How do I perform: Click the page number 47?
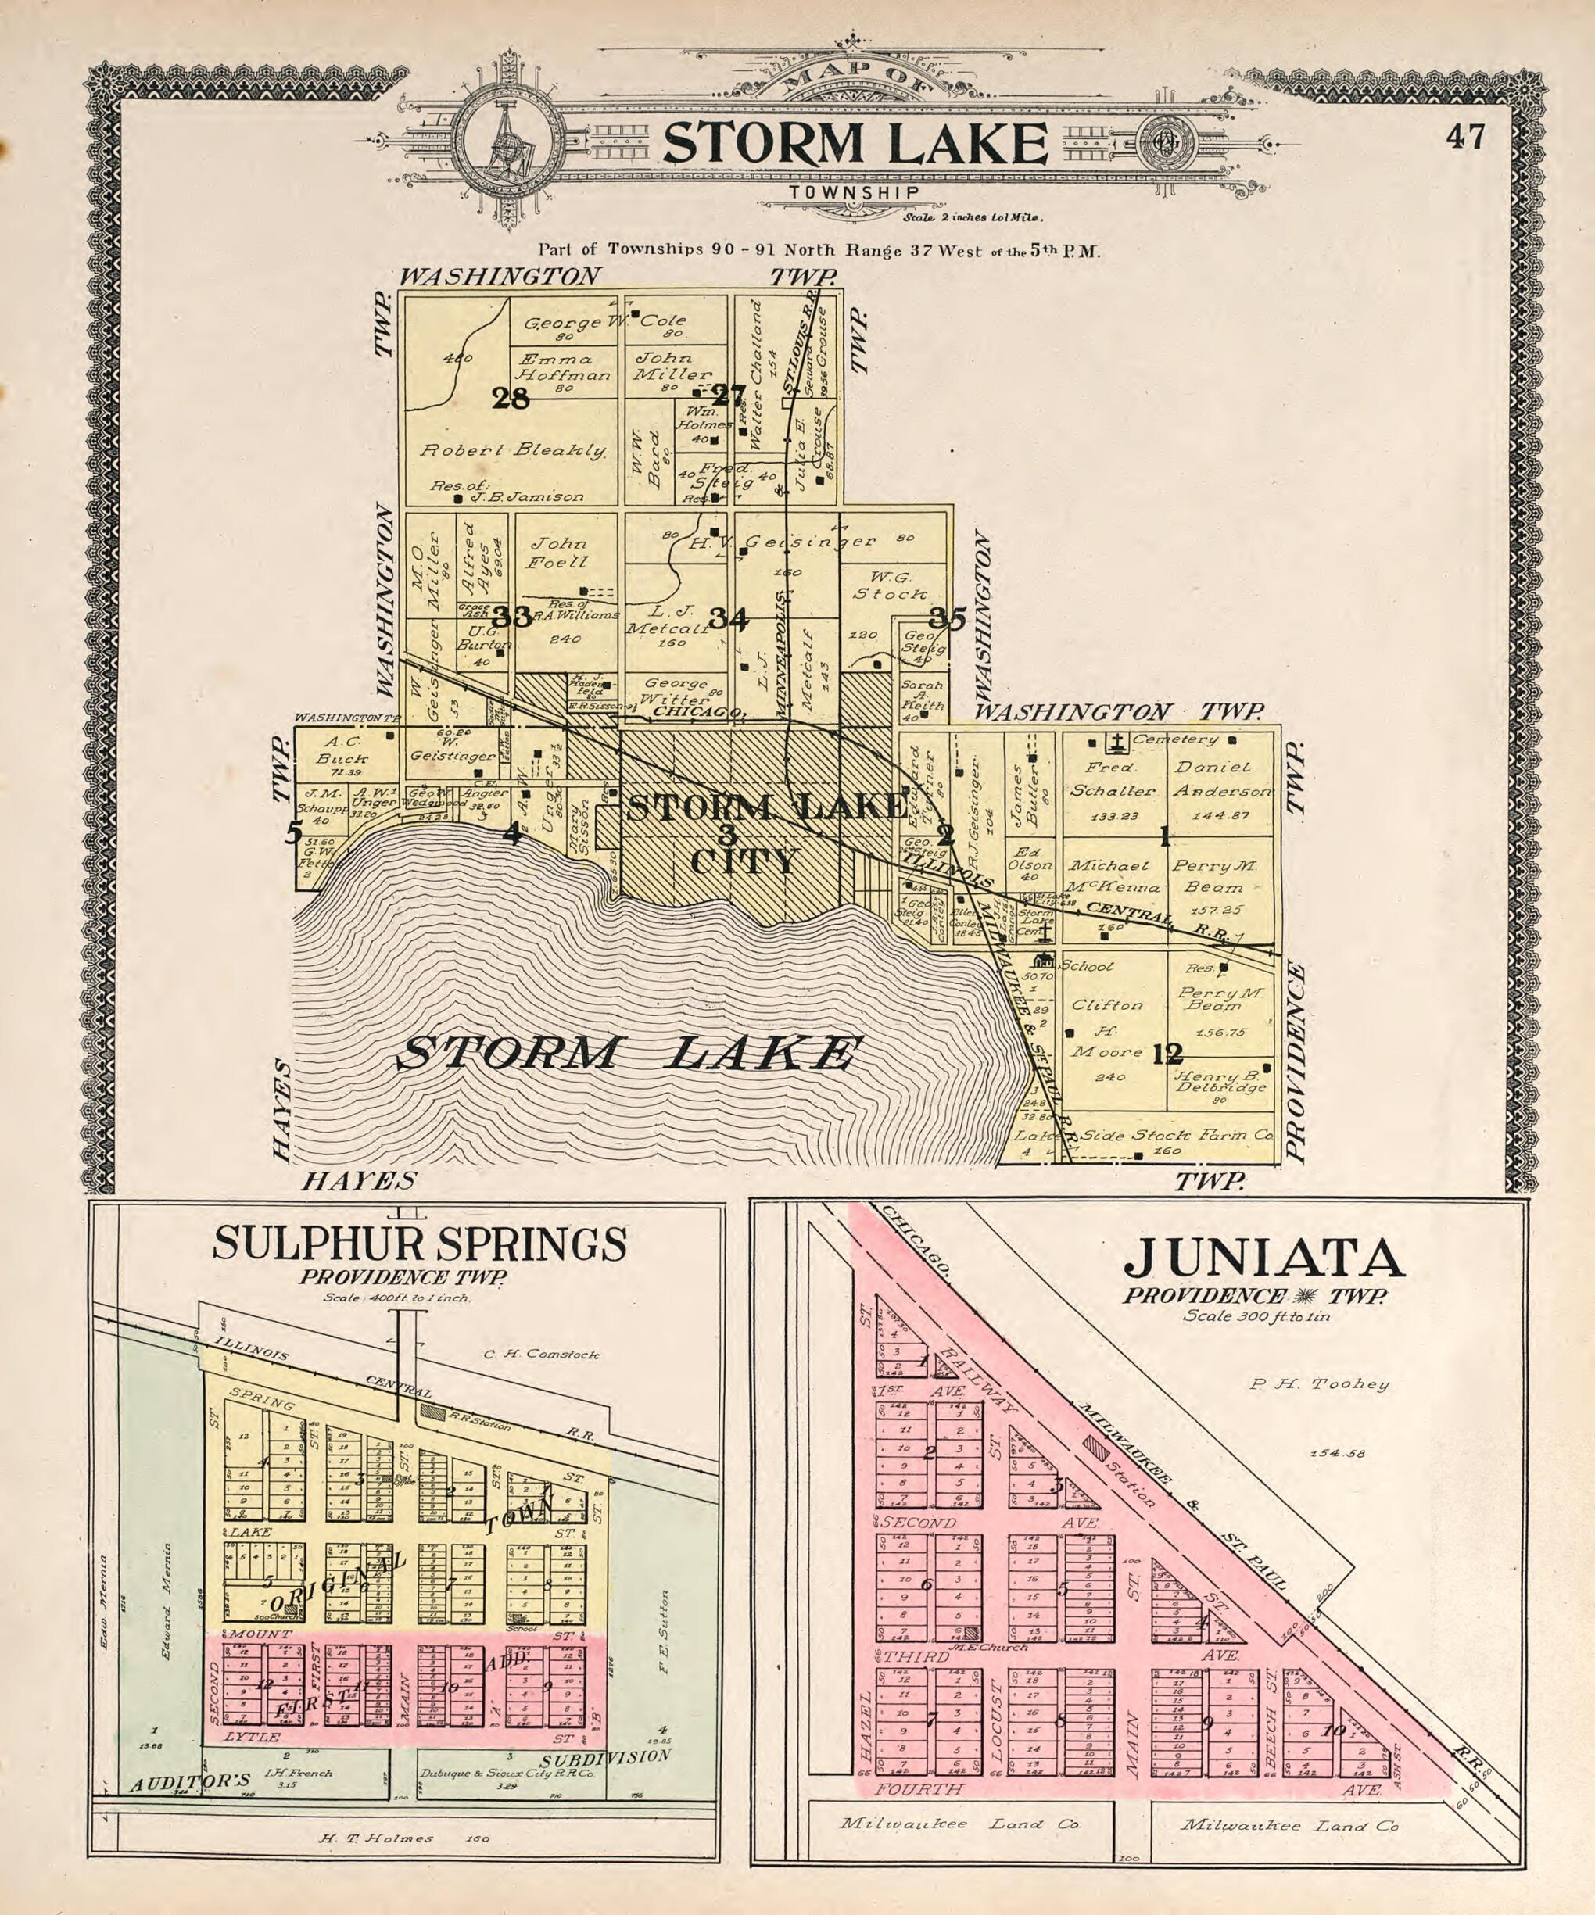click(1465, 138)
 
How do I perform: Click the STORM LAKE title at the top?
click(855, 143)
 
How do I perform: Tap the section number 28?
click(510, 398)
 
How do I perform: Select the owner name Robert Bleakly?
click(514, 450)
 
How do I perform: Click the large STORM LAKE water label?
click(627, 1055)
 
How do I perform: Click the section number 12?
click(1167, 1054)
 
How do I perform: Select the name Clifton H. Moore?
click(1106, 1029)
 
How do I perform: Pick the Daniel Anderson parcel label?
click(1221, 780)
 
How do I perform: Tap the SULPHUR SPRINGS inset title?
click(420, 1243)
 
